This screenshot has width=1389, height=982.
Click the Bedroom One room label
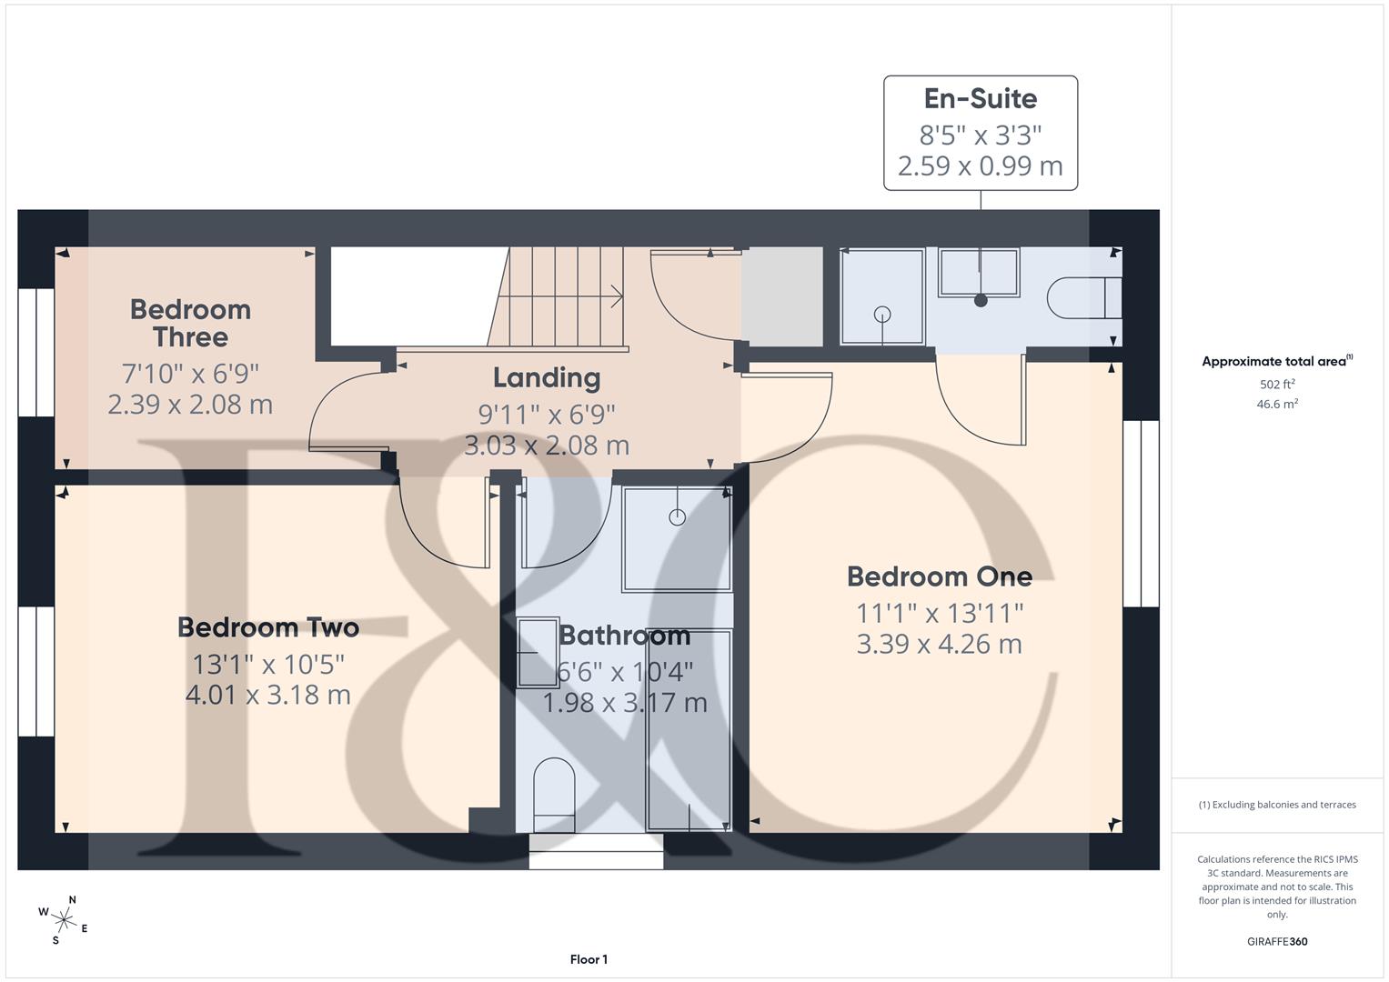click(x=939, y=576)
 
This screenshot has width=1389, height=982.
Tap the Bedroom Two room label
click(x=268, y=627)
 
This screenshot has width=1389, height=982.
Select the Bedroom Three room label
click(x=190, y=323)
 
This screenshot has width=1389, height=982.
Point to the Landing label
click(x=547, y=377)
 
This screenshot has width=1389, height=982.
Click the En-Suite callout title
click(x=981, y=98)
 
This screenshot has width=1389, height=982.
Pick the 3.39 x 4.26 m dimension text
click(x=939, y=644)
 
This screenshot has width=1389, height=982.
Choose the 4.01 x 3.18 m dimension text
click(x=268, y=695)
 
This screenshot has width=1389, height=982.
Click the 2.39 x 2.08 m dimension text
click(x=190, y=404)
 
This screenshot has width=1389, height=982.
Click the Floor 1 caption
click(x=589, y=959)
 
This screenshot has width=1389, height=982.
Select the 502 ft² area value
click(x=1277, y=385)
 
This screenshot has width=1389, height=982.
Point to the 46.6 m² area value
click(x=1277, y=405)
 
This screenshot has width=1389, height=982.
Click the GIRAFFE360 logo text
click(x=1277, y=941)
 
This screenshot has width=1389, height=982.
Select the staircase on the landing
click(x=559, y=296)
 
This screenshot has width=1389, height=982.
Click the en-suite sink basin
click(x=979, y=273)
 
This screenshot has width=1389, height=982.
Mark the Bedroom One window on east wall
click(x=1141, y=514)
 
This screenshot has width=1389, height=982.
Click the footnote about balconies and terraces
click(x=1277, y=805)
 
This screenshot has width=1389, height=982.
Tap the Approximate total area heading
click(x=1277, y=361)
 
